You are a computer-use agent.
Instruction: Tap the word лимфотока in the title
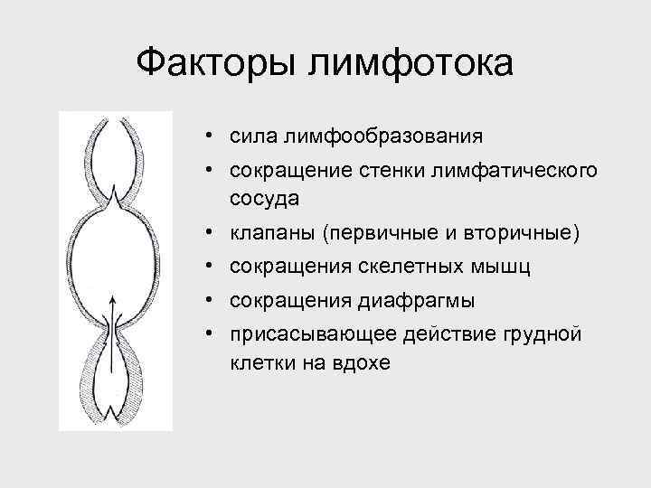click(x=410, y=64)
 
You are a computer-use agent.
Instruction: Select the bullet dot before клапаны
click(x=209, y=233)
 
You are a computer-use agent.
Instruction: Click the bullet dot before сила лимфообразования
click(x=209, y=137)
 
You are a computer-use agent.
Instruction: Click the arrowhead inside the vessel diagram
click(x=112, y=301)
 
